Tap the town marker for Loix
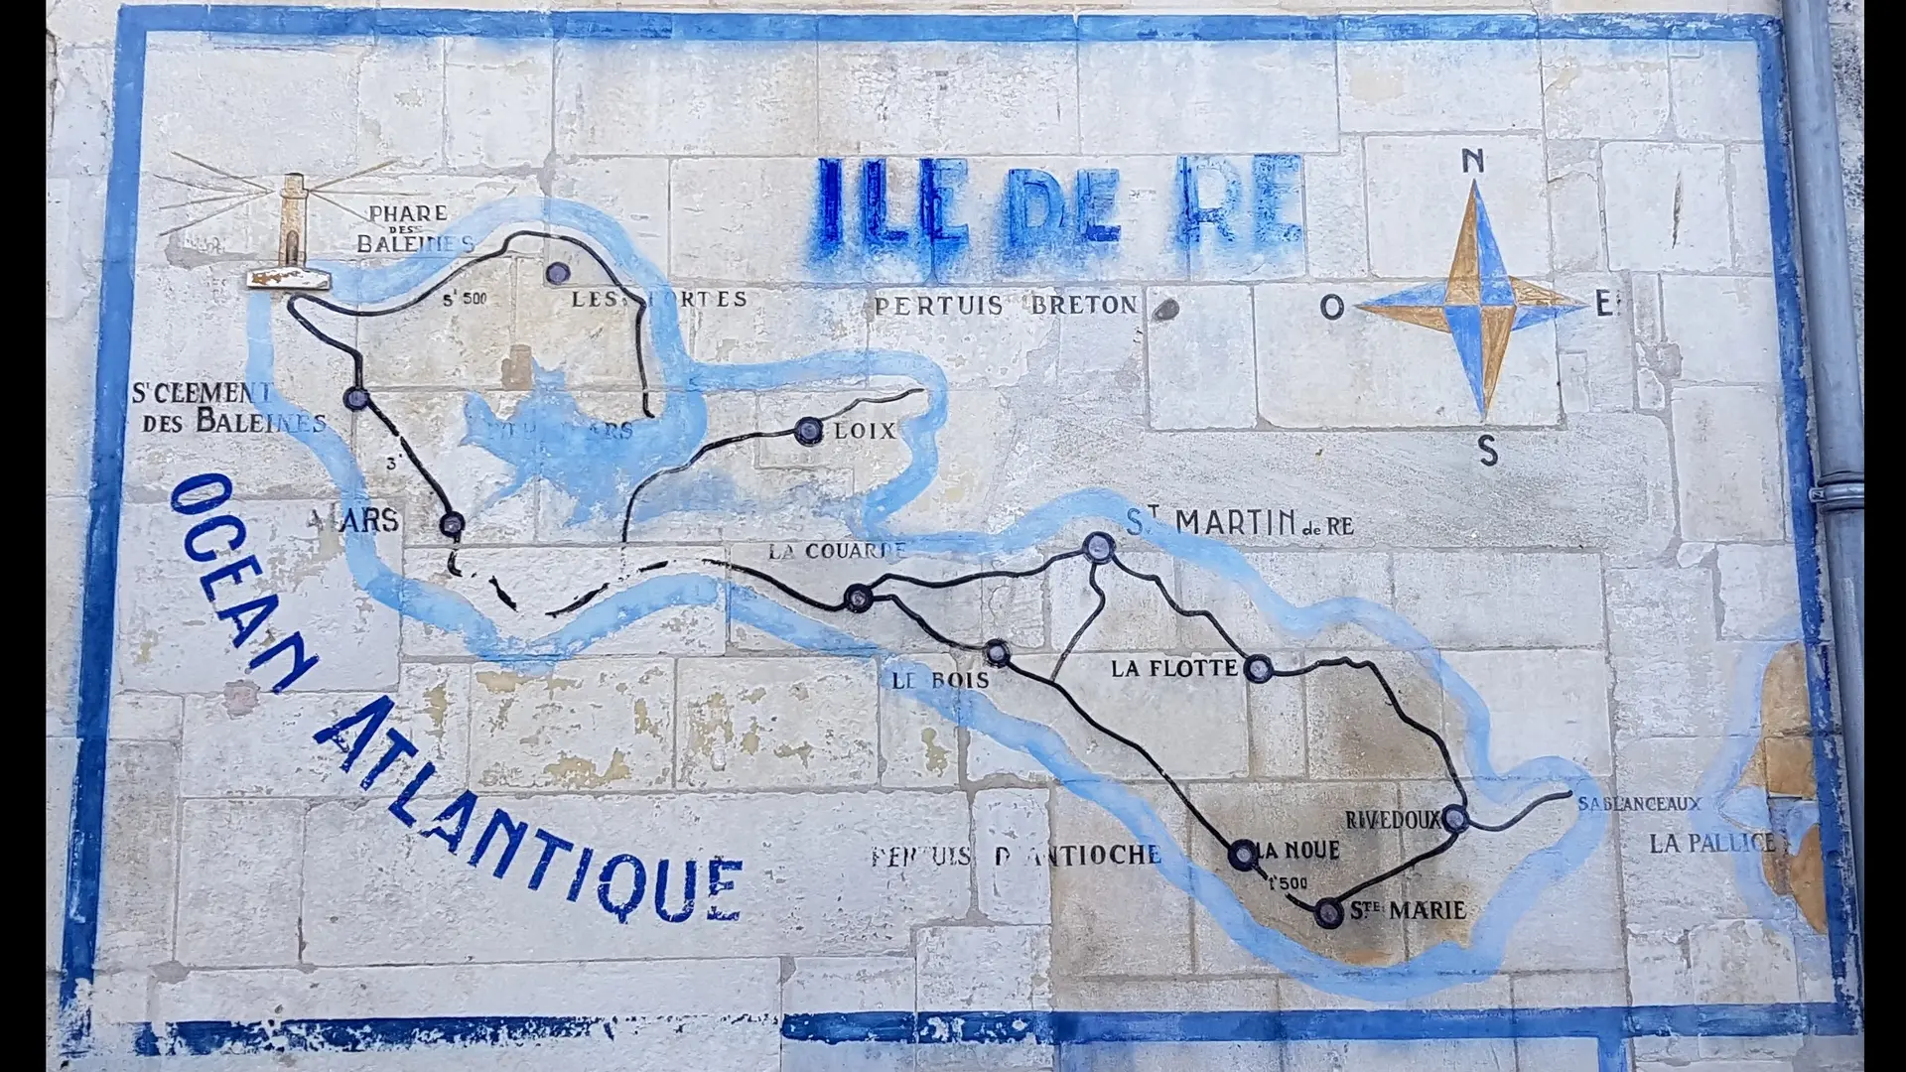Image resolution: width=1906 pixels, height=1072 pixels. pos(808,431)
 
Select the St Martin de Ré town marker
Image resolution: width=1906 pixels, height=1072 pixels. pos(1097,545)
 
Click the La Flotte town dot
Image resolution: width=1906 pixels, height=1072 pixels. pos(1258,669)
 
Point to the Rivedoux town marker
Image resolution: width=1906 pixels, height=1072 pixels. pos(1454,819)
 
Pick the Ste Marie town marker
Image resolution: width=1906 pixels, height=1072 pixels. pos(1327,912)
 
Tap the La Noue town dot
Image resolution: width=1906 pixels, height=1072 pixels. pos(1242,854)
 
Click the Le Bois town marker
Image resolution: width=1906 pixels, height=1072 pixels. pos(997,653)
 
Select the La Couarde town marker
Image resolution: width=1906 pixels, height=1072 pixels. pos(858,598)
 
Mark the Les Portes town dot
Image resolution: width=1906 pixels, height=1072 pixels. pos(558,273)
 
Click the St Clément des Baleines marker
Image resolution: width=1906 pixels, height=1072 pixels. pos(356,399)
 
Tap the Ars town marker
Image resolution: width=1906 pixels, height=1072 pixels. pos(452,523)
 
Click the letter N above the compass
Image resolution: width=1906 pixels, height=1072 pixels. pos(1474,161)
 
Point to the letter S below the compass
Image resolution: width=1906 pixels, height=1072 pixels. pos(1487,452)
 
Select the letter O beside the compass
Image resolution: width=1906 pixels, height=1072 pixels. pos(1331,307)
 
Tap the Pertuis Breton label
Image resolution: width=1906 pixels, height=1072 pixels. pos(1005,305)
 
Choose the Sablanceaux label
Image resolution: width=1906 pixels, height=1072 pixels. pos(1639,803)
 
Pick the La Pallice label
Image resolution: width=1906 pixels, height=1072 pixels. pos(1711,844)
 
